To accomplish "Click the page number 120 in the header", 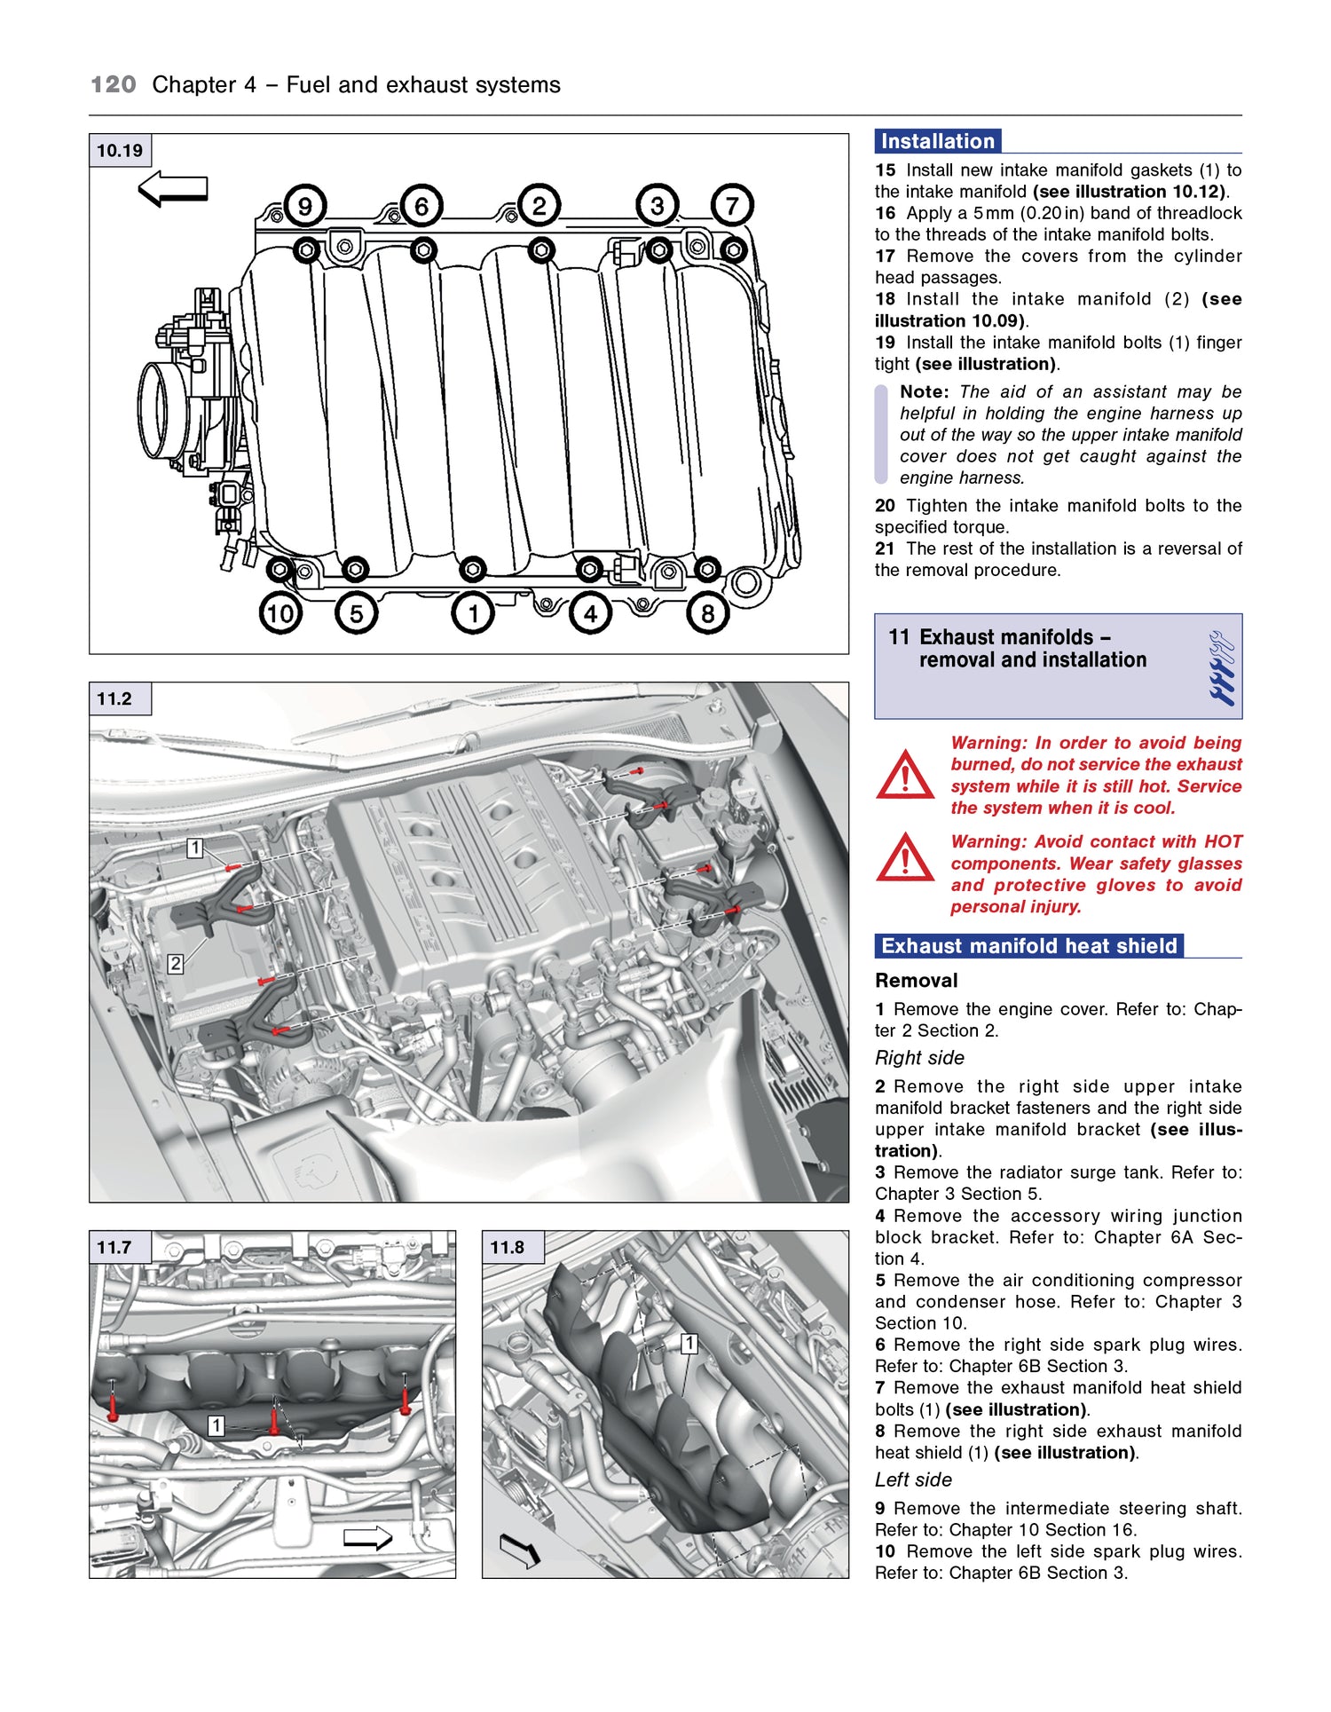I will click(114, 85).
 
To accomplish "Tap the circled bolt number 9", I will click(304, 206).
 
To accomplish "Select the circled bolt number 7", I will click(732, 206).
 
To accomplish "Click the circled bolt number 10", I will click(280, 613).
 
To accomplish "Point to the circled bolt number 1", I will click(473, 613).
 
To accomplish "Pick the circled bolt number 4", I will click(590, 613).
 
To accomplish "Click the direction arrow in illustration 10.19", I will click(173, 189).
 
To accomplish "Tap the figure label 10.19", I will click(120, 151).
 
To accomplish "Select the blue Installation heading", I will click(938, 141).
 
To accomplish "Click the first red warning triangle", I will click(904, 776).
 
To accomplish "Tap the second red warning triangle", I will click(904, 858).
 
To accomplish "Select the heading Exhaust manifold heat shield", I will click(1028, 946).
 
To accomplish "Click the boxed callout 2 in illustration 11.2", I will click(176, 964).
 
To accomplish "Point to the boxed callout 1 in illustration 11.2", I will click(195, 848).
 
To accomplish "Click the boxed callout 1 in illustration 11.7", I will click(216, 1426).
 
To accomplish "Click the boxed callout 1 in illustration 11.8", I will click(689, 1344).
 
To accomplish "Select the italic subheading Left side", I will click(913, 1479).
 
